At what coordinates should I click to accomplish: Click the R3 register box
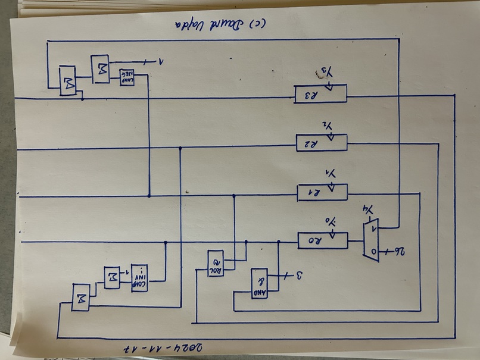(x=320, y=95)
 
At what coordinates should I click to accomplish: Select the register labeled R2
(x=321, y=143)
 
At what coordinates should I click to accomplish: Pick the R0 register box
(x=322, y=241)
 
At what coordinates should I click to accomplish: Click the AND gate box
(x=259, y=283)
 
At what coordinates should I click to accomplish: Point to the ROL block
(x=215, y=263)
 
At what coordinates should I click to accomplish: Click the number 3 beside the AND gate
(x=300, y=275)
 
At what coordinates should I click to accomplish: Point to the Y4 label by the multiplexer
(x=370, y=210)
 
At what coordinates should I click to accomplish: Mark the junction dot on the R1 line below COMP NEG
(x=148, y=195)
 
